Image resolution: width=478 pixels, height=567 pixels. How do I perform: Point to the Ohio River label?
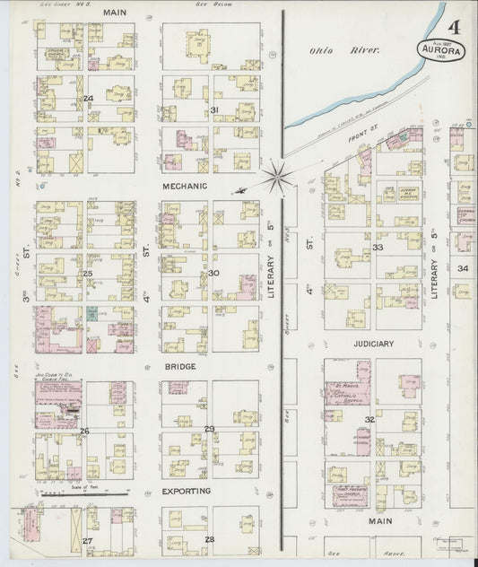click(x=333, y=51)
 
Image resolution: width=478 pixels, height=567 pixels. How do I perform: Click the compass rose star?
click(x=276, y=174)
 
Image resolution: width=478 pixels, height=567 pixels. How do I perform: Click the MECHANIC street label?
click(x=185, y=186)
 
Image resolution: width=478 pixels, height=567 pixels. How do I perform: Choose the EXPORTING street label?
click(x=186, y=492)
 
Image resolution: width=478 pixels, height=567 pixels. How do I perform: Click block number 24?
click(x=88, y=99)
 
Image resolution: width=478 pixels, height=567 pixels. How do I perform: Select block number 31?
click(x=214, y=109)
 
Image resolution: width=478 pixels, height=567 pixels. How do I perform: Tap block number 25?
click(x=88, y=274)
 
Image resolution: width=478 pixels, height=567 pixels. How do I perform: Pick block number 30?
click(x=213, y=273)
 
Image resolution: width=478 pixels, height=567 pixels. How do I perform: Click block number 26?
click(x=85, y=431)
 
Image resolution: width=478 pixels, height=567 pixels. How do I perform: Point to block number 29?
click(x=210, y=429)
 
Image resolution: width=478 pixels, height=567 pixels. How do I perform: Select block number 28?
click(x=210, y=538)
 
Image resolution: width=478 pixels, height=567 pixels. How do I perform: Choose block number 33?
click(x=378, y=247)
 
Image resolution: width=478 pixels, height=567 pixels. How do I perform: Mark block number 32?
click(x=369, y=419)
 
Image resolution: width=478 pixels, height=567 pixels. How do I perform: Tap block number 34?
click(x=463, y=268)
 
